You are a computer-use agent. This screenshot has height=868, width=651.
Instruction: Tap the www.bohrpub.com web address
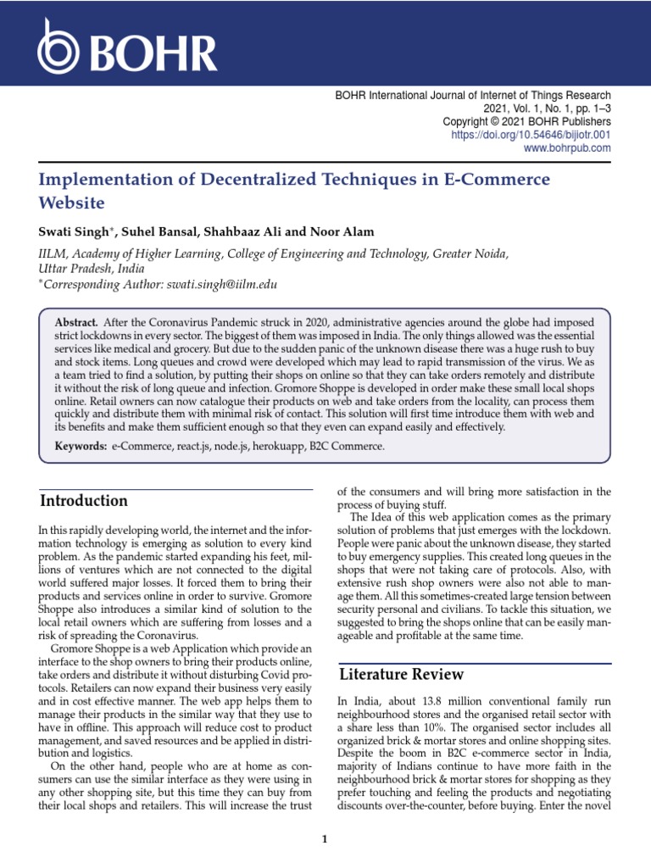(x=568, y=148)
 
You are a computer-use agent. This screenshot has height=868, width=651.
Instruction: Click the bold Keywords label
(x=81, y=446)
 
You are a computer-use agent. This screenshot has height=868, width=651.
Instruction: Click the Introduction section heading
(x=84, y=500)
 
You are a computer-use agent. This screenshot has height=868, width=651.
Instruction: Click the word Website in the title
(x=72, y=203)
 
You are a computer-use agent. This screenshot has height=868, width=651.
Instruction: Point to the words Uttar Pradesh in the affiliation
(x=71, y=269)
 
